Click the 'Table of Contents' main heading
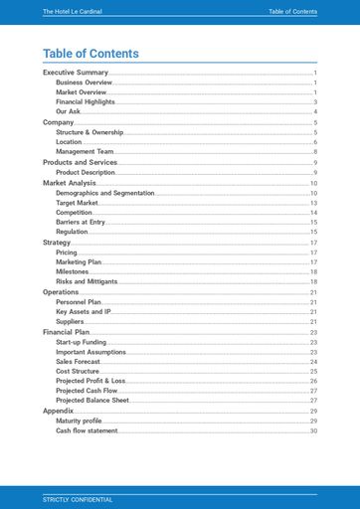[90, 54]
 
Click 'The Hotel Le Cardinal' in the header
[73, 12]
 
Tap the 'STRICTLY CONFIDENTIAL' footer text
[78, 499]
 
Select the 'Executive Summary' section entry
[75, 73]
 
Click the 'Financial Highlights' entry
[85, 102]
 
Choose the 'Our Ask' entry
[68, 112]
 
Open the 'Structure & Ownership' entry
[89, 132]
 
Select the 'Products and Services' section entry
[80, 162]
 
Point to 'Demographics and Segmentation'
[104, 193]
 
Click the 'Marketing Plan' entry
[79, 262]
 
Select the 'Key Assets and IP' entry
[83, 312]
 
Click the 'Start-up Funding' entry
[81, 342]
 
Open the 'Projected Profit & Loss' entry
[90, 381]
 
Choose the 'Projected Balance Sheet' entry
[91, 401]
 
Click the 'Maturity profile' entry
[80, 422]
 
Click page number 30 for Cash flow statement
[313, 431]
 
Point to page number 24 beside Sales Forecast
[313, 362]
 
